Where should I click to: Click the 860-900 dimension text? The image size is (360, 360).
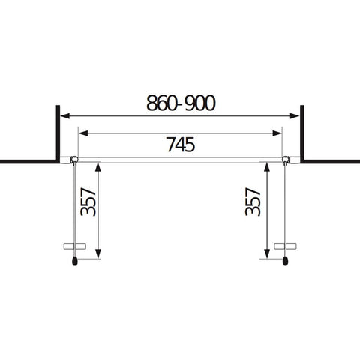click(181, 103)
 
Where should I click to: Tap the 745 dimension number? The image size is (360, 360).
click(181, 145)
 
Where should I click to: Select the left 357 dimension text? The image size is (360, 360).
click(88, 202)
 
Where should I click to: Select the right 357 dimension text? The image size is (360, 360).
click(253, 202)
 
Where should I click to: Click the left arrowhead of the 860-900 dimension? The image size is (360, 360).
click(65, 116)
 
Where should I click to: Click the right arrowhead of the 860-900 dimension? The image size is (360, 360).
click(295, 116)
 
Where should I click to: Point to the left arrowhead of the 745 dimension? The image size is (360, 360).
click(83, 133)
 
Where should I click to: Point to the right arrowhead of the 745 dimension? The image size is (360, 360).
click(277, 133)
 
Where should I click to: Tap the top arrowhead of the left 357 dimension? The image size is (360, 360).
click(98, 167)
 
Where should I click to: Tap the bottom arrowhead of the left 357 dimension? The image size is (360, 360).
click(98, 253)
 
